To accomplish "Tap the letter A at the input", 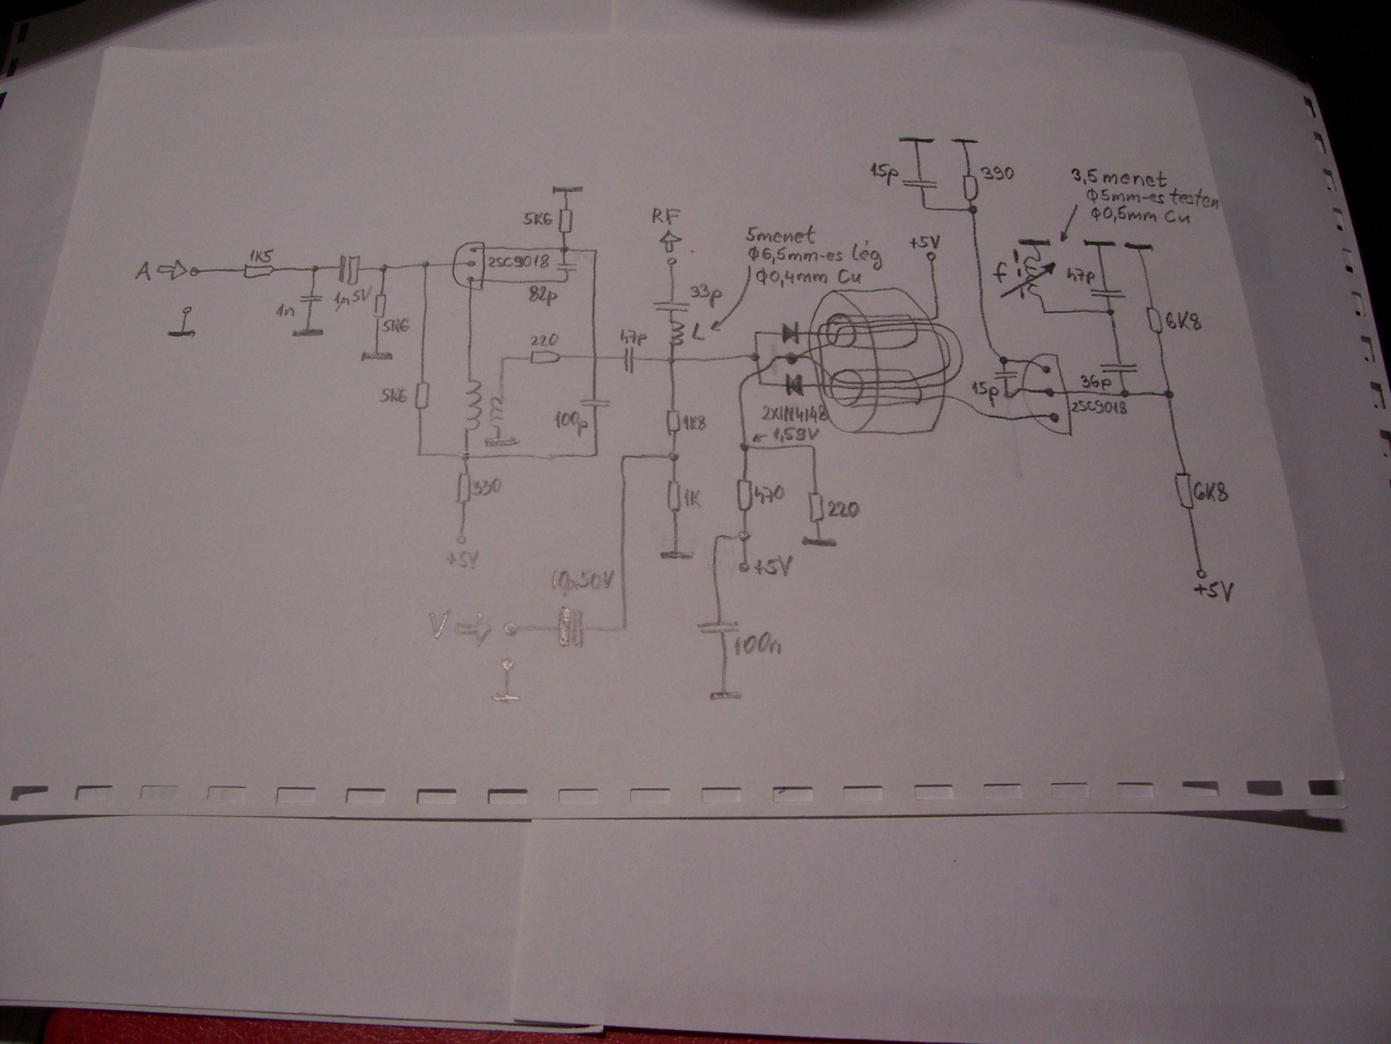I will click(x=143, y=272).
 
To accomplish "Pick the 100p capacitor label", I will click(x=570, y=422).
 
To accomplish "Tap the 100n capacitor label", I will click(x=757, y=645).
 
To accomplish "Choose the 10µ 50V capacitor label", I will click(x=582, y=581).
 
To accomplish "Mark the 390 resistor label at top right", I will click(x=997, y=174).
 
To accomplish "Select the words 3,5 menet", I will click(x=1119, y=178).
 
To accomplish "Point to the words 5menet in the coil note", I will click(x=780, y=236).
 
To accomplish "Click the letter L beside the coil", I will click(x=698, y=334).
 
